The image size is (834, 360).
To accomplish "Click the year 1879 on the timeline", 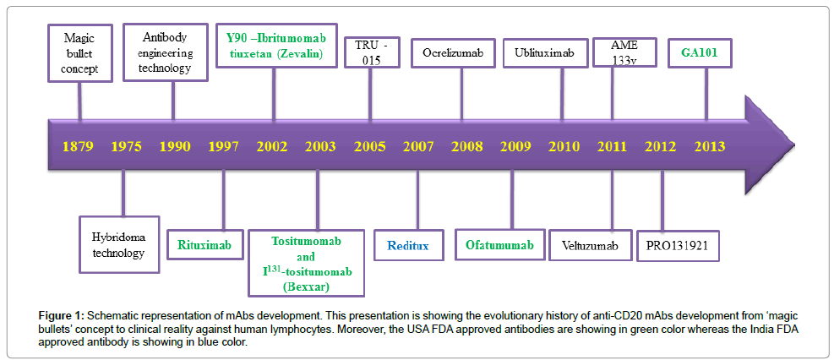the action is (x=79, y=147).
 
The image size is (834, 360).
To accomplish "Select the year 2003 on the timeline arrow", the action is (x=320, y=147).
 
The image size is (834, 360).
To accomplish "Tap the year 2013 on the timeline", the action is (x=709, y=147).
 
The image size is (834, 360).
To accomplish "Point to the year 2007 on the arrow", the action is (x=418, y=147).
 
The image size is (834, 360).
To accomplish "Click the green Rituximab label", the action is (x=205, y=245).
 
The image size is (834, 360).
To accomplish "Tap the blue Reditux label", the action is (x=409, y=245).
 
